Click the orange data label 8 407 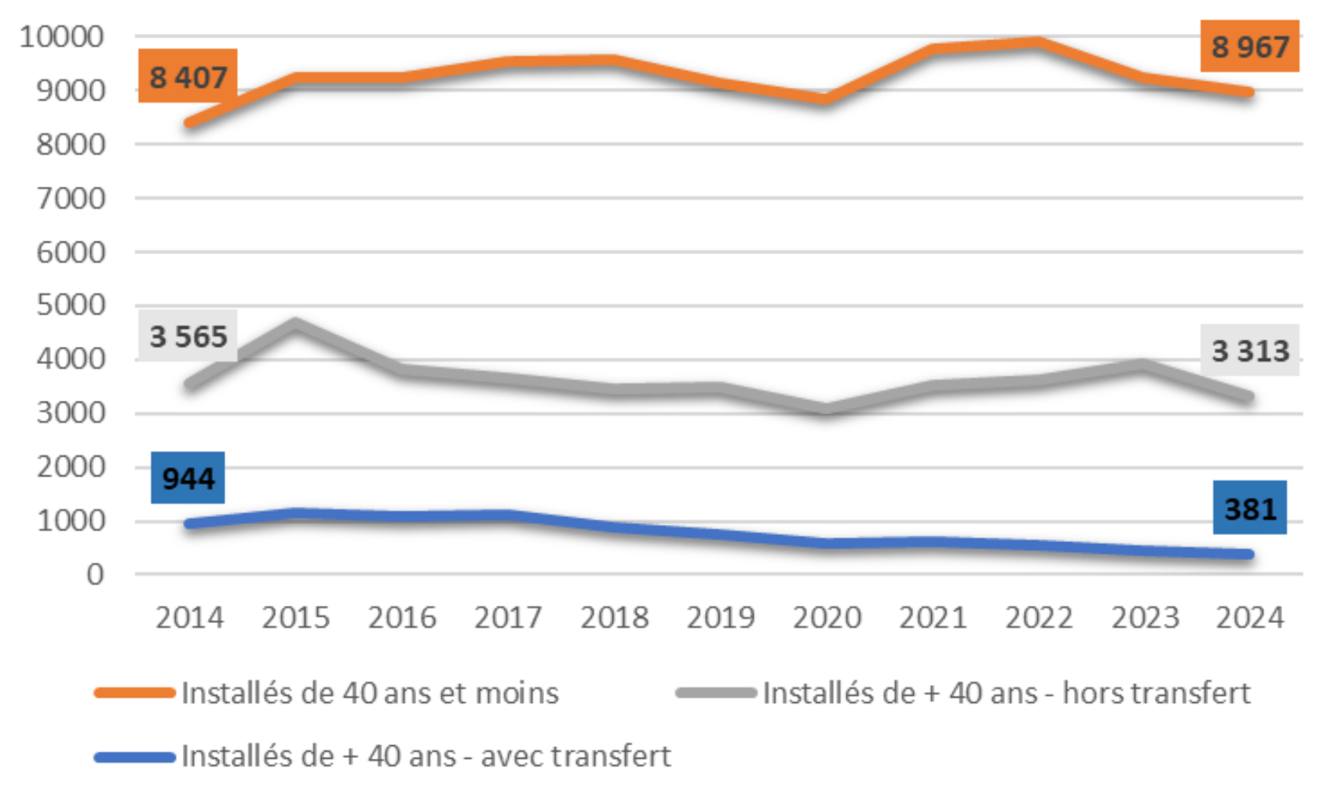(188, 77)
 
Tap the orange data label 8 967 (1249, 46)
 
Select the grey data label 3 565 (188, 337)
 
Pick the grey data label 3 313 (1249, 351)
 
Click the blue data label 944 (188, 478)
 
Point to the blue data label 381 (1249, 508)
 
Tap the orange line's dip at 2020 (826, 99)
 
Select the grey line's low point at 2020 (826, 409)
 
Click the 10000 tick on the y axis (61, 36)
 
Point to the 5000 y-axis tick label (70, 305)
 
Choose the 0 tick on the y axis (94, 574)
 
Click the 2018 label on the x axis (614, 618)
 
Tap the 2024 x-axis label (1249, 618)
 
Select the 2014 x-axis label (189, 618)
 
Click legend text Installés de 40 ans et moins (370, 694)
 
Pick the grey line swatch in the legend (715, 693)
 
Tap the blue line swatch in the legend (134, 757)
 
